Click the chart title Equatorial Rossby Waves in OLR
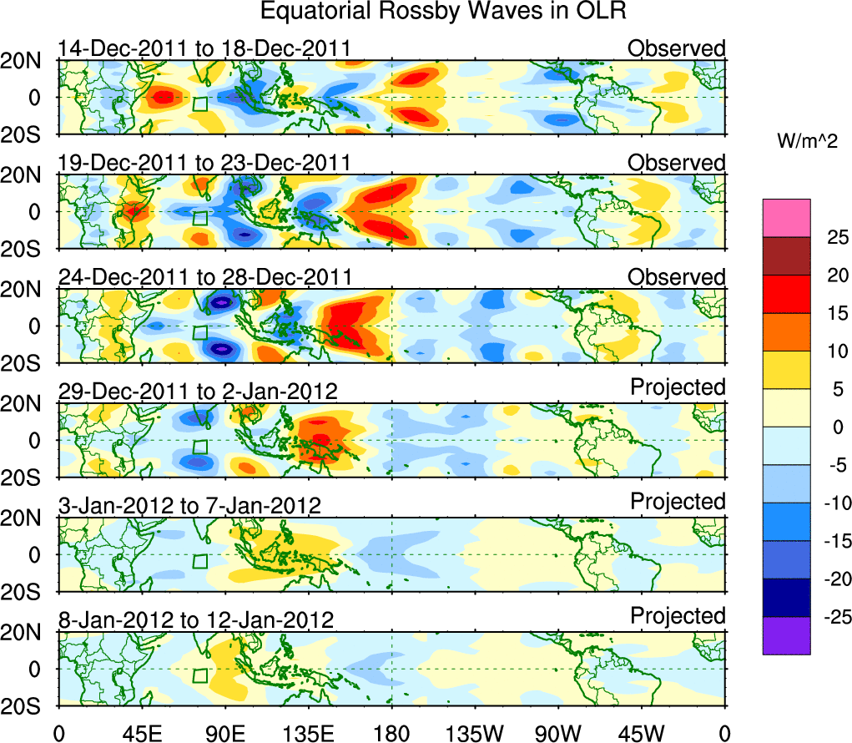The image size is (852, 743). coord(443,12)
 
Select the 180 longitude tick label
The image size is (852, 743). coord(391,732)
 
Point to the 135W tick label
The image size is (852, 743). coord(475,732)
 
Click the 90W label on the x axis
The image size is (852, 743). coord(558,732)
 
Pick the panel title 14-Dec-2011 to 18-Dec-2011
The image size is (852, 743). coord(204,49)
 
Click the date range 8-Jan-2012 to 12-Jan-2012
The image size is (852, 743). coord(196,620)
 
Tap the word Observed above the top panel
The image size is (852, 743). coord(677,49)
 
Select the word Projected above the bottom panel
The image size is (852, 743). coord(678,616)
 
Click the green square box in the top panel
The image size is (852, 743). coord(199,104)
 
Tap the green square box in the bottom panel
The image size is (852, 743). coord(199,675)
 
